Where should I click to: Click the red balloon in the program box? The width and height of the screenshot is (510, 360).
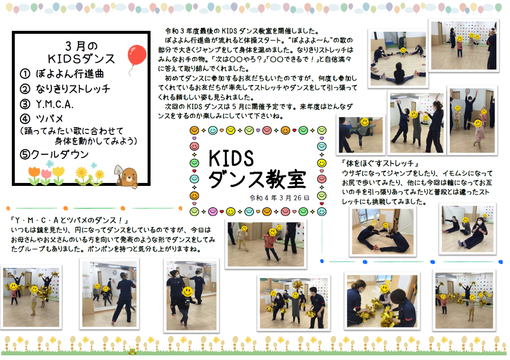coord(137,55)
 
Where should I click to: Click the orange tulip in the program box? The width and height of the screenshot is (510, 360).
coord(34,175)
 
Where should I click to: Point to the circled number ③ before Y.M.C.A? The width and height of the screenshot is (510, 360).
coord(25,104)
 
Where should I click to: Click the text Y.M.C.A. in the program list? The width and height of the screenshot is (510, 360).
coord(55,104)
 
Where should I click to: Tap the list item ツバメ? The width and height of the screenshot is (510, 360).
coord(49,119)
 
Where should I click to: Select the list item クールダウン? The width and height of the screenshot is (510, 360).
coord(60,154)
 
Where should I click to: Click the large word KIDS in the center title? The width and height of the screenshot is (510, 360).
coord(231,158)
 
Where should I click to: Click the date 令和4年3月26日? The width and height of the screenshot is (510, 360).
coord(280,198)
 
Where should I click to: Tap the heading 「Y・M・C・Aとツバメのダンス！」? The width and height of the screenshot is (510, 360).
coord(70,220)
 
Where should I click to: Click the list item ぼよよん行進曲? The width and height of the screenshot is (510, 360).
coord(70,74)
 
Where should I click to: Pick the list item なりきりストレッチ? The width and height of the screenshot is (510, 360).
coord(73,89)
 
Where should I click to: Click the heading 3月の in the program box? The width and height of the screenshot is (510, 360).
coord(81,46)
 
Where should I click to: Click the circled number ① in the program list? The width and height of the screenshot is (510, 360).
coord(25,74)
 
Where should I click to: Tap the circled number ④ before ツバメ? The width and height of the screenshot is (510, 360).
coord(25,119)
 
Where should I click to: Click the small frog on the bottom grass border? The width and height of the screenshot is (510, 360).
coord(132,352)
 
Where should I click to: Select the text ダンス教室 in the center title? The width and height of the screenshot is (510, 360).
coord(257,180)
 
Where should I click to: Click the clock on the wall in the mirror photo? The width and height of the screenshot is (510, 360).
coord(115,272)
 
